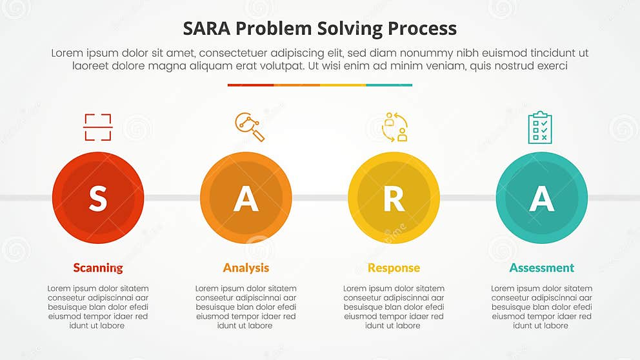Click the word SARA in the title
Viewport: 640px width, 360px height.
205,29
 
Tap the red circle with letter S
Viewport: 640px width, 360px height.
98,198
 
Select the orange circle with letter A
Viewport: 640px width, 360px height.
246,198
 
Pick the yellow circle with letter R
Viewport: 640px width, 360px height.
394,198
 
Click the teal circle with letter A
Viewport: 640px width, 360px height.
541,198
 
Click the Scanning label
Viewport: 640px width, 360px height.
98,268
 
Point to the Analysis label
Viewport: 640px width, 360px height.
246,268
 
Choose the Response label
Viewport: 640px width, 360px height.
394,268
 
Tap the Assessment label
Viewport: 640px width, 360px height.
541,268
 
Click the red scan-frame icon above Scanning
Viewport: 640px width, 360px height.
98,127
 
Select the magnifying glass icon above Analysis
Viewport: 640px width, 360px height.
250,127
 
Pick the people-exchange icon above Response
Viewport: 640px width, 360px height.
394,127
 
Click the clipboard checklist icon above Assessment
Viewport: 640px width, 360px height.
540,127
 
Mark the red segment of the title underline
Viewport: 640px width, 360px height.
250,85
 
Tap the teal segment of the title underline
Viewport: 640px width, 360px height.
389,85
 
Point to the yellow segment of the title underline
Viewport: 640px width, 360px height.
343,85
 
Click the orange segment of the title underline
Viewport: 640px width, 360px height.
297,85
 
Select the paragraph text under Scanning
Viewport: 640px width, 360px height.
98,307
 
